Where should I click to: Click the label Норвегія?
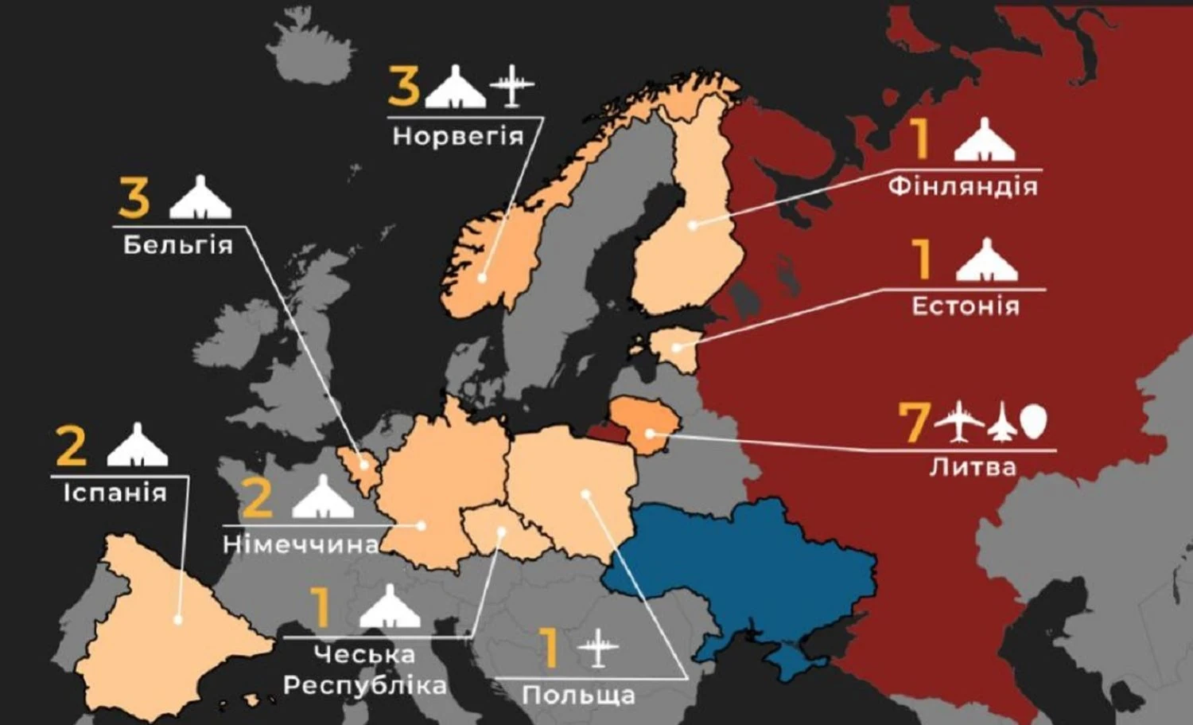point(458,135)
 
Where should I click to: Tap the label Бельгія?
point(178,244)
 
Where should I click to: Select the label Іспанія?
point(115,493)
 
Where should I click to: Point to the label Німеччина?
point(301,544)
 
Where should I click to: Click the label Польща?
point(578,695)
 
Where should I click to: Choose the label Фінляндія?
point(962,186)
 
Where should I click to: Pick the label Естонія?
point(965,306)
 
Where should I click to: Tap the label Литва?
point(973,466)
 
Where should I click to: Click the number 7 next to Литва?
point(913,423)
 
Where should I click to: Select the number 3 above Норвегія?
point(403,86)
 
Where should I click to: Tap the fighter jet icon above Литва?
point(1001,422)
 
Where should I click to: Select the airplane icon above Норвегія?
point(511,86)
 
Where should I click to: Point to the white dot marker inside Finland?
point(693,225)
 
